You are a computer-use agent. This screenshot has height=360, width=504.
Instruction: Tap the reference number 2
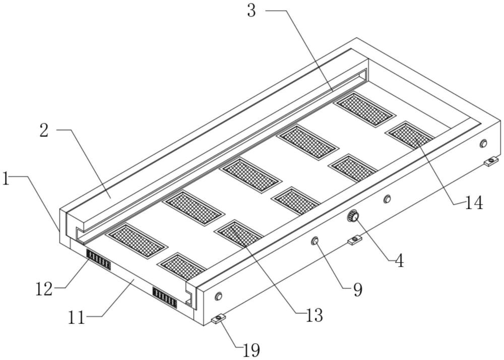coord(44,131)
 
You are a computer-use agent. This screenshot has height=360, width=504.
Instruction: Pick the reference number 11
coord(77,318)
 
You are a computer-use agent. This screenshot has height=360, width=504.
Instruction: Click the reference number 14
coord(474,203)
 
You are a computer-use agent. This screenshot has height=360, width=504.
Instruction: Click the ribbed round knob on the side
coord(353,216)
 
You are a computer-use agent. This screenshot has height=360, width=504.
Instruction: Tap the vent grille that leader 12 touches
coord(98,259)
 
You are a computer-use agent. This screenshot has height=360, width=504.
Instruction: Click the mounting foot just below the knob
coord(354,240)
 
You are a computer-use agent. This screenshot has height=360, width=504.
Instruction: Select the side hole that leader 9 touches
coord(314,241)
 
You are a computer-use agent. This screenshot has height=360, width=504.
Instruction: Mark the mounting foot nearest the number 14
coord(491,161)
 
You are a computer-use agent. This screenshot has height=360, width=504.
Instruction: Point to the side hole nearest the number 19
coord(219,295)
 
